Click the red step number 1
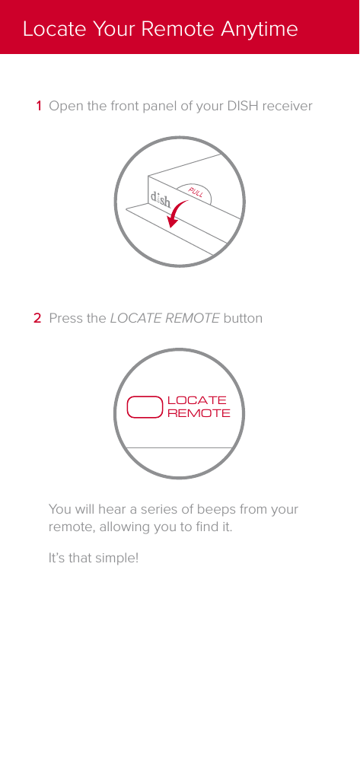[38, 106]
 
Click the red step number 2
[37, 318]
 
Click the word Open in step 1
[65, 106]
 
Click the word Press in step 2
[65, 318]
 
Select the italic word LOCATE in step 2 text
[135, 318]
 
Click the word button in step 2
[242, 318]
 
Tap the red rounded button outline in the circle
[145, 406]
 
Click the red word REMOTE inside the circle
[198, 413]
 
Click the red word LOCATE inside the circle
[196, 400]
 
